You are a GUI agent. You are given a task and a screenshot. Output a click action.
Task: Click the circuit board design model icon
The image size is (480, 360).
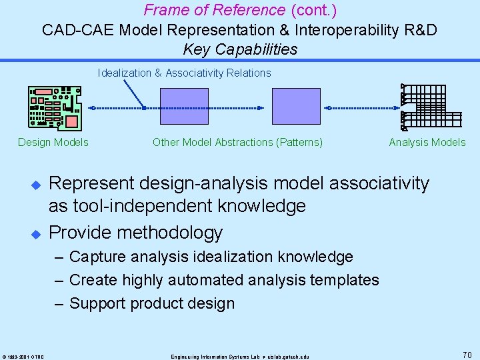(55, 107)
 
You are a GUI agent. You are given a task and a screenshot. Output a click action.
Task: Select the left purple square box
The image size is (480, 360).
(184, 107)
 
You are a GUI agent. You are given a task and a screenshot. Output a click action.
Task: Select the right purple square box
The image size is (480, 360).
(296, 107)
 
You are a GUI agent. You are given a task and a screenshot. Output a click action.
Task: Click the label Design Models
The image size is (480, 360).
(53, 142)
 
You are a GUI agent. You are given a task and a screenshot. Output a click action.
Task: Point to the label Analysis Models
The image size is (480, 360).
(427, 142)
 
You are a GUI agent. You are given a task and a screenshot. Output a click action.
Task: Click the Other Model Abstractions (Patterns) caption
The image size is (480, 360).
(237, 142)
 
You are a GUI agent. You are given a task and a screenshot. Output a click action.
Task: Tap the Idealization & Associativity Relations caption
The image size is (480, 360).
(185, 73)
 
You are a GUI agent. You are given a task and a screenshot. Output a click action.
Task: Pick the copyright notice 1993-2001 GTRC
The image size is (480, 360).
(23, 356)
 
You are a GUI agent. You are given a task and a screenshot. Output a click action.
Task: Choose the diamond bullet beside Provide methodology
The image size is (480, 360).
(37, 233)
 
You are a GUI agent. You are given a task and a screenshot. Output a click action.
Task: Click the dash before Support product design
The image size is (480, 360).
(59, 303)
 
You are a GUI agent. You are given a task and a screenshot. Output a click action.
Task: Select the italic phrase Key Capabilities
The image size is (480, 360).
(240, 49)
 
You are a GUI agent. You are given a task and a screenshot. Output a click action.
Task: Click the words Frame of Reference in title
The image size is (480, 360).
(214, 10)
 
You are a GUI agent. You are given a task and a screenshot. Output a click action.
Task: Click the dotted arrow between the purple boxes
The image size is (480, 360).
(240, 107)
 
